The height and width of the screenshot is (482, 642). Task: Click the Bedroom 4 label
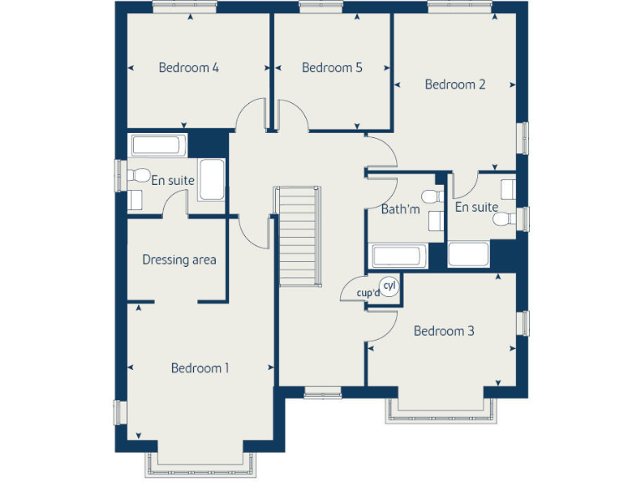[x=188, y=68]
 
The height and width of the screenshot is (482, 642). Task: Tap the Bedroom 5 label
[x=332, y=68]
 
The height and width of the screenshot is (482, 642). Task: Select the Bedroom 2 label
[x=455, y=85]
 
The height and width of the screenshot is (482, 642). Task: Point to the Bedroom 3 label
[x=444, y=331]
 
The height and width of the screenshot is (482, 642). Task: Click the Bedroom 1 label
[x=200, y=368]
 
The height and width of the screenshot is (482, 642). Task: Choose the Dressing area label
[x=179, y=259]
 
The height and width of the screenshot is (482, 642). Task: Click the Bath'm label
[x=400, y=209]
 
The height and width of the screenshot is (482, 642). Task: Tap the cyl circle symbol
[x=389, y=286]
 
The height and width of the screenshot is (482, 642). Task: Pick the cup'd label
[x=368, y=294]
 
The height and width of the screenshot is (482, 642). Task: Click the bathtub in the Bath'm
[x=397, y=256]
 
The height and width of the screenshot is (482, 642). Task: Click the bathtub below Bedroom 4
[x=156, y=145]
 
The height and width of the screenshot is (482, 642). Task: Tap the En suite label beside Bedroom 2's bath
[x=476, y=208]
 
